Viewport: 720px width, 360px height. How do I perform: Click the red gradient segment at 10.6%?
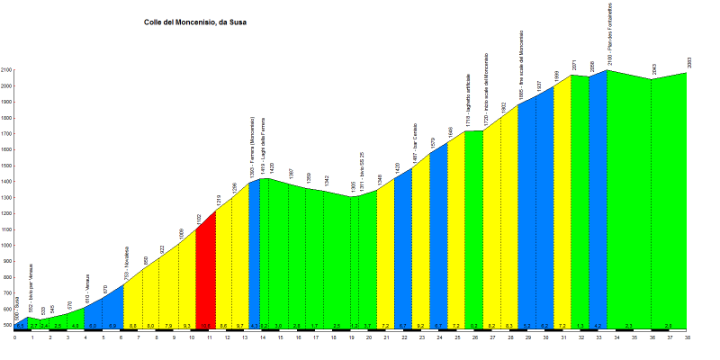205,274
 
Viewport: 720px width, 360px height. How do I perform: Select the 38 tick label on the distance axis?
687,337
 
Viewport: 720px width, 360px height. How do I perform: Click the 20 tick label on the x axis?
369,337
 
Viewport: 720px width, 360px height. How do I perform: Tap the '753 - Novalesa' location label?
127,263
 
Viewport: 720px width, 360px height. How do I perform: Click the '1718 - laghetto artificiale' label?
468,100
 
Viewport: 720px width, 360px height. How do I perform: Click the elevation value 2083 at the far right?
688,62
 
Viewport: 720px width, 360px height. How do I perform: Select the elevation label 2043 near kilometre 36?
653,68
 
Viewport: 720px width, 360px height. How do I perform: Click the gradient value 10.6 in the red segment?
205,325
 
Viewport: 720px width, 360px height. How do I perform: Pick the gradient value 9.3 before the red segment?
187,325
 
